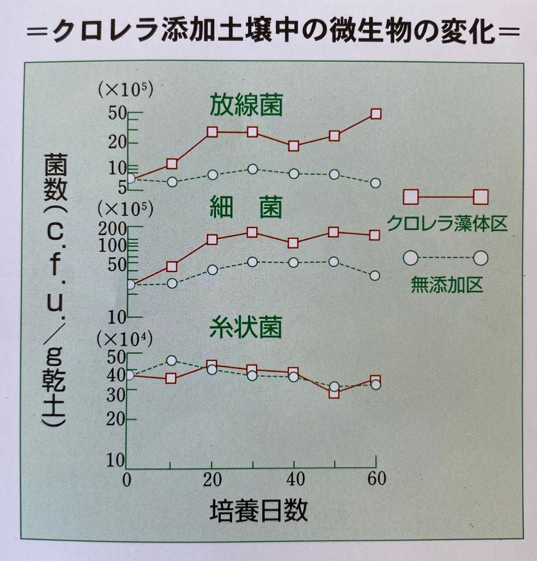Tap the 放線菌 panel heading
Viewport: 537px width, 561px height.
pyautogui.click(x=246, y=105)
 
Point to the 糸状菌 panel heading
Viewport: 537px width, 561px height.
pyautogui.click(x=246, y=326)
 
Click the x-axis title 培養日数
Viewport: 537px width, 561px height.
pyautogui.click(x=258, y=512)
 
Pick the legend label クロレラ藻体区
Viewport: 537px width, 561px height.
pyautogui.click(x=447, y=222)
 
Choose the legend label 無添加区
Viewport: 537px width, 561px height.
pyautogui.click(x=447, y=284)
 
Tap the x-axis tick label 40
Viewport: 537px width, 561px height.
pyautogui.click(x=293, y=479)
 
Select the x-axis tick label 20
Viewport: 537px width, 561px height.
pyautogui.click(x=212, y=479)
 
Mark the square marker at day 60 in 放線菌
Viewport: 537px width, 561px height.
pyautogui.click(x=376, y=114)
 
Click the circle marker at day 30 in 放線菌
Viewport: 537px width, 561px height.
pyautogui.click(x=253, y=169)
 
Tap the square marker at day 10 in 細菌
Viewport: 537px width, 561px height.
pyautogui.click(x=171, y=266)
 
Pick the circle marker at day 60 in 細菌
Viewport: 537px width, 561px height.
pyautogui.click(x=375, y=275)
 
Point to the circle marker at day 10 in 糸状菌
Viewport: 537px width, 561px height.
pyautogui.click(x=171, y=360)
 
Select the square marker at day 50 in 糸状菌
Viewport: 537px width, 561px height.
pyautogui.click(x=334, y=392)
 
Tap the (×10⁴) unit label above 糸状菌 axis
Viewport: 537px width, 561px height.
pyautogui.click(x=125, y=339)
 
